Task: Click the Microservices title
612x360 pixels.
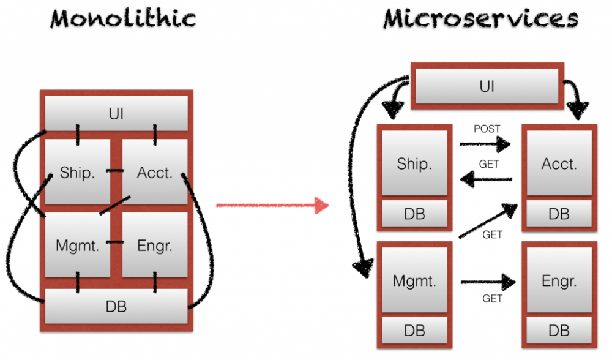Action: click(480, 18)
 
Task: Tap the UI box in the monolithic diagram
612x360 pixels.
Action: click(116, 114)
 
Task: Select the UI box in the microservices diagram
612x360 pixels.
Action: click(487, 86)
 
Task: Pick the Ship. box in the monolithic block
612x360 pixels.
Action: click(77, 172)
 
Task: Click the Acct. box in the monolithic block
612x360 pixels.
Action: click(155, 172)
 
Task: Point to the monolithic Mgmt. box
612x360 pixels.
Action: click(77, 246)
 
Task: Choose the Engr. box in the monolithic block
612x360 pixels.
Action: click(155, 246)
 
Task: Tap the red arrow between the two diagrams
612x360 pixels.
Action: click(272, 205)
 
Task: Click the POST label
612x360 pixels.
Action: click(487, 129)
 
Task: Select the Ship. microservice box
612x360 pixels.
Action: click(414, 164)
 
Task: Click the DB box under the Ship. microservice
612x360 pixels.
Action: click(414, 214)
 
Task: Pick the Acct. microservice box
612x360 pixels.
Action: click(559, 164)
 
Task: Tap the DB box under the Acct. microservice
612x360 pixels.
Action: click(559, 214)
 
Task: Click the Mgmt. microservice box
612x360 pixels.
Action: click(414, 282)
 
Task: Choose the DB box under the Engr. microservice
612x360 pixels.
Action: click(559, 331)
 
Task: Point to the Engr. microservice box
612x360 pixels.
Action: click(559, 282)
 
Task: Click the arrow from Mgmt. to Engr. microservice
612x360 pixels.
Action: click(488, 282)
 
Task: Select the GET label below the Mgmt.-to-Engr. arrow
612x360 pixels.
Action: click(492, 299)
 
